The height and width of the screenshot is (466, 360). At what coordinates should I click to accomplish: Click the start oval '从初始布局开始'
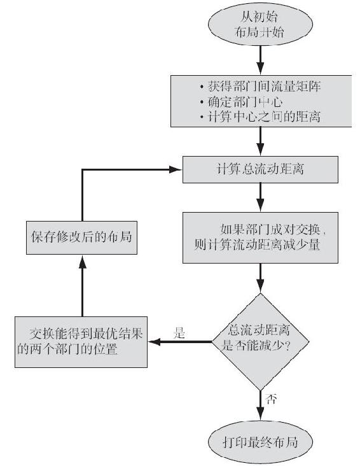point(260,24)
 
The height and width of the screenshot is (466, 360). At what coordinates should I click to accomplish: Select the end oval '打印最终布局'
point(260,442)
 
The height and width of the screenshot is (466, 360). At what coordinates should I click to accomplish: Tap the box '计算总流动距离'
point(260,169)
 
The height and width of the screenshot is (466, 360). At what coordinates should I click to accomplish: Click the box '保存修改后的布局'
point(81,237)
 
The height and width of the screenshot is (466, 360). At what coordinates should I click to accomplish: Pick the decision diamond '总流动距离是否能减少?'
point(260,342)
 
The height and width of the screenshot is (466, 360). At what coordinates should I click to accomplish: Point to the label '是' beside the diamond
point(179,333)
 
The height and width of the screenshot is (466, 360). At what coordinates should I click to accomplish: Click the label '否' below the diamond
point(271,399)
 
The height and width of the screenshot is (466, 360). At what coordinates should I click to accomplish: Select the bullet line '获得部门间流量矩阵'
point(261,87)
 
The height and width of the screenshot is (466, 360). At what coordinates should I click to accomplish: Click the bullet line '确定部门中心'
point(241,102)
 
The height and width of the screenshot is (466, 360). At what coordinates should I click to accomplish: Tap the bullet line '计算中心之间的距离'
point(261,117)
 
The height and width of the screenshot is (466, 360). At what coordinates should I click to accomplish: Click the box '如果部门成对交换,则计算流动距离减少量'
point(260,237)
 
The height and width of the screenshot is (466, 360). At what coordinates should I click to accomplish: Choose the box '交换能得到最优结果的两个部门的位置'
point(81,342)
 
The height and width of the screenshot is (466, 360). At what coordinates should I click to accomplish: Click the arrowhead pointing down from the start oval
point(260,68)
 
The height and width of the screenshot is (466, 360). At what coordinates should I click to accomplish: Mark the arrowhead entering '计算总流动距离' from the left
point(176,169)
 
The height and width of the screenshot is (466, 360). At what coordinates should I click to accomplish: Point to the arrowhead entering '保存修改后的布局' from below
point(82,262)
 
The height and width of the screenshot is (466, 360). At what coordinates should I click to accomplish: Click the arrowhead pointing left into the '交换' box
point(155,342)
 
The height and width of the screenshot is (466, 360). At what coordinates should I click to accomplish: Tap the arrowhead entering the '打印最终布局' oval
point(260,414)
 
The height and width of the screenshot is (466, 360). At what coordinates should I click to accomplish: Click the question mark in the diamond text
point(287,346)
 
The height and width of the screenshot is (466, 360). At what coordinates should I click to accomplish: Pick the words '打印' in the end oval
point(235,442)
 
